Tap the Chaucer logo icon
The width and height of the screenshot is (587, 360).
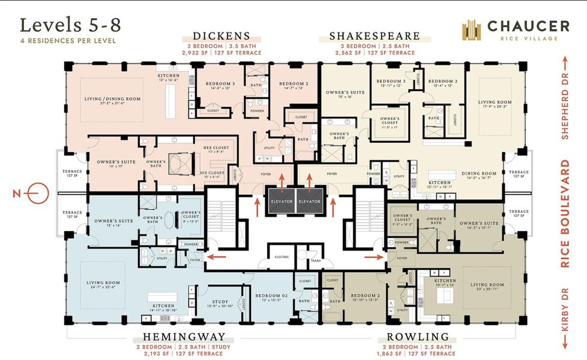[472, 30]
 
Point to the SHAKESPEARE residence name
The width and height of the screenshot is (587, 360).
[375, 36]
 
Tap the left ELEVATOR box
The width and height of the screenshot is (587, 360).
[281, 201]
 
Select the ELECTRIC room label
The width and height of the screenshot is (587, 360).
[281, 256]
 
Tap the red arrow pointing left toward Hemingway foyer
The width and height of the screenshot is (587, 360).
[214, 257]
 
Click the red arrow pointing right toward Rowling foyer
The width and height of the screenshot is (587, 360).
[376, 257]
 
